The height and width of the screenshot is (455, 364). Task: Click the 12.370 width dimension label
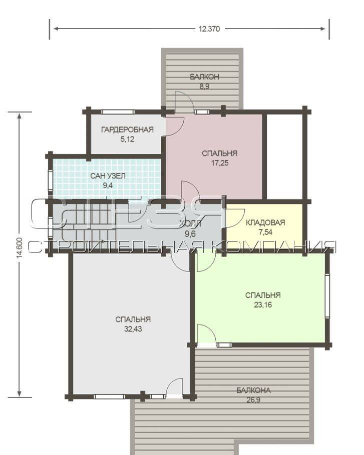[209, 29]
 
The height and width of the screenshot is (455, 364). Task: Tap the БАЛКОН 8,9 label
[204, 81]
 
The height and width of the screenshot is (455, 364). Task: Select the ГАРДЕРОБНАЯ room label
[127, 129]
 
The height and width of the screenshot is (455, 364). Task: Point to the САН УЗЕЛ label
[108, 176]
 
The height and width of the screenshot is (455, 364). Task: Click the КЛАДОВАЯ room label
[265, 222]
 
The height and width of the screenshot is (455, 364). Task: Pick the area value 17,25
[220, 163]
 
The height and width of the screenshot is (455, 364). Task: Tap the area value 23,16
[263, 305]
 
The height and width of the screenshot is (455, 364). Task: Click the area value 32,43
[133, 329]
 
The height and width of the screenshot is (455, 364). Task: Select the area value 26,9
[253, 400]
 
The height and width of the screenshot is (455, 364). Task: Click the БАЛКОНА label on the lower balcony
[253, 390]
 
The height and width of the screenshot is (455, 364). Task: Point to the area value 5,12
[127, 139]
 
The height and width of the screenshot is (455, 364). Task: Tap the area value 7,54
[265, 232]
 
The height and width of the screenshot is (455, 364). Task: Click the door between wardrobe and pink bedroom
[174, 126]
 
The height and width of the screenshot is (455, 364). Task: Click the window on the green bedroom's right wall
[327, 295]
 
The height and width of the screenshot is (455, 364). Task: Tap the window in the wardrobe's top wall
[118, 111]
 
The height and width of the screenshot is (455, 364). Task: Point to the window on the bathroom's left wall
[51, 180]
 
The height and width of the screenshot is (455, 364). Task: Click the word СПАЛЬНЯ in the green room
[263, 295]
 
